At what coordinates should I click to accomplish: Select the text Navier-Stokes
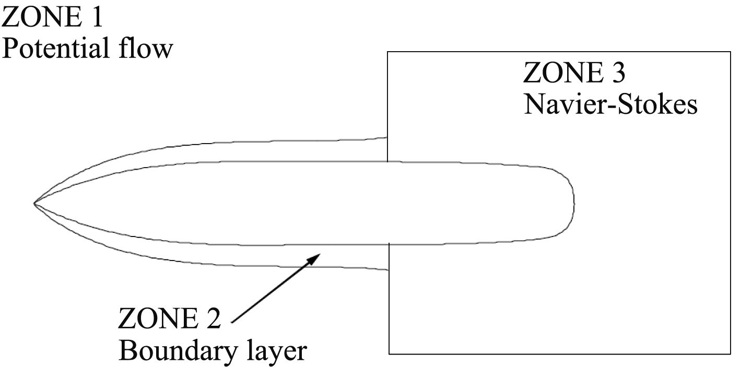coord(610,104)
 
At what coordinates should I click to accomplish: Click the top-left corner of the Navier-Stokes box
coord(387,52)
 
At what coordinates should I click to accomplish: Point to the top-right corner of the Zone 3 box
coord(730,52)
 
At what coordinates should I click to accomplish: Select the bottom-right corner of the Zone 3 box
coord(730,353)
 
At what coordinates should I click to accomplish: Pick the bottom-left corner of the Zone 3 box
coord(389,353)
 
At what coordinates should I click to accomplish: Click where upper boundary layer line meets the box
coord(387,138)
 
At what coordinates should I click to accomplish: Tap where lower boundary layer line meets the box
coord(389,270)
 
